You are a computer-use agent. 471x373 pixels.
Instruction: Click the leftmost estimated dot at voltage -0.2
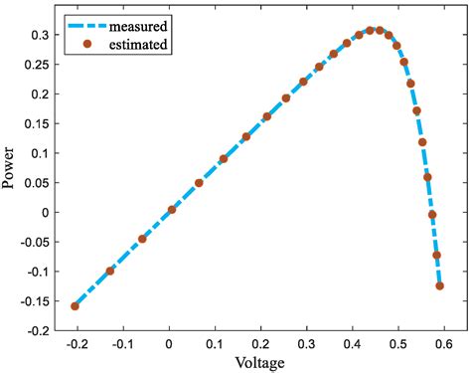pos(75,306)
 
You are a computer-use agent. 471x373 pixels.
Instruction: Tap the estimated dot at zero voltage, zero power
pos(172,210)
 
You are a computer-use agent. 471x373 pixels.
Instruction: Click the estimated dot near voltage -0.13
pos(109,271)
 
